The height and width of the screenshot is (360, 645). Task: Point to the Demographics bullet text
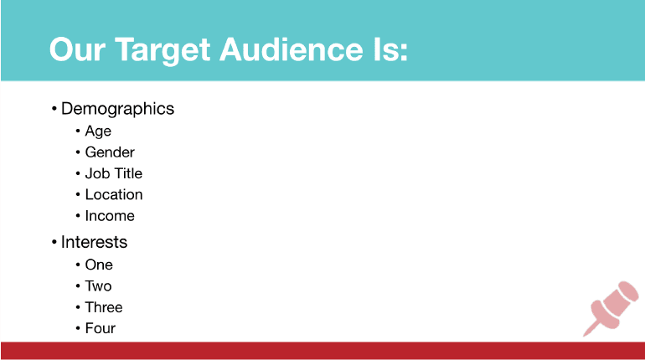117,109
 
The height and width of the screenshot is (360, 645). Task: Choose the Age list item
98,131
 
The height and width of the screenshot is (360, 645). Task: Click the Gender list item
110,152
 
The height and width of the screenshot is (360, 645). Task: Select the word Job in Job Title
96,173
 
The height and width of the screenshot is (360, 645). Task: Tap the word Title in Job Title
127,173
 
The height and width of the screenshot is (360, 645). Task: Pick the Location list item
114,194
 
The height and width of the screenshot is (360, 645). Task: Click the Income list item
110,216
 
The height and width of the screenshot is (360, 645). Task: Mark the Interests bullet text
94,242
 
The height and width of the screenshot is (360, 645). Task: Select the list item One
99,265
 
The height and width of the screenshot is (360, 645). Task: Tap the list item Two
98,286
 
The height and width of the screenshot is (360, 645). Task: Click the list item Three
104,307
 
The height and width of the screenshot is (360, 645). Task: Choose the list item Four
100,328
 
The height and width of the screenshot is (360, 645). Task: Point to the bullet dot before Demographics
54,109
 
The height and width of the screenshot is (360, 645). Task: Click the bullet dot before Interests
54,242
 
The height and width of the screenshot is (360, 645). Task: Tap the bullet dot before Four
78,328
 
